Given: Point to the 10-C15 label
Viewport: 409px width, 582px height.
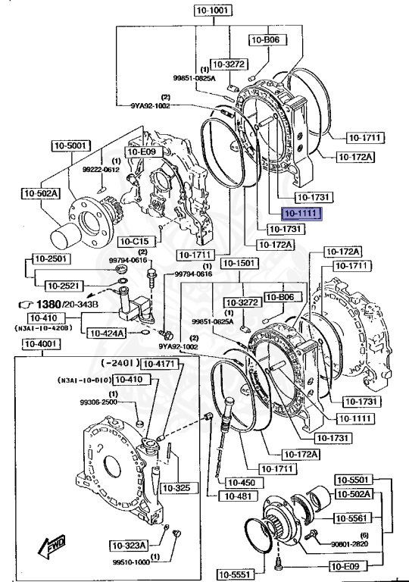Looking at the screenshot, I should pos(136,242).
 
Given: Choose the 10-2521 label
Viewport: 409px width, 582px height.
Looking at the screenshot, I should pos(64,286).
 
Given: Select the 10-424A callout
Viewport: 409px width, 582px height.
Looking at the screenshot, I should pos(106,332).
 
